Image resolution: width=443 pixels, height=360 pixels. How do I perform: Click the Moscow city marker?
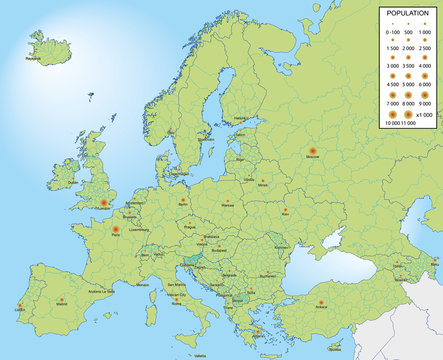tap(313, 151)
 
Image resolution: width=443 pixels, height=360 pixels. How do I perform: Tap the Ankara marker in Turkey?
tap(321, 302)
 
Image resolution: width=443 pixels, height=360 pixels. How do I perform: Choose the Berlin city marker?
tap(183, 198)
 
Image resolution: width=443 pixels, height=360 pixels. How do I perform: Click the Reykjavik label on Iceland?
tap(34, 59)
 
